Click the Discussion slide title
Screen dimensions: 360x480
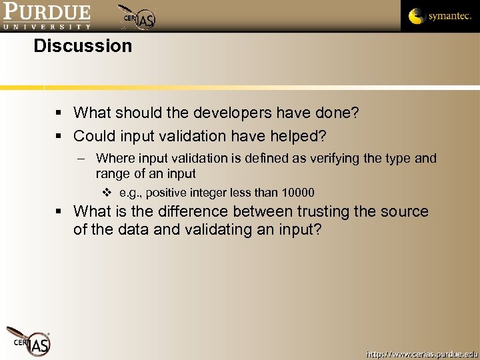pos(83,46)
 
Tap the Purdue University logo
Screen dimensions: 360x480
pos(46,16)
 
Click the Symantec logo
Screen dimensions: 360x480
pos(439,16)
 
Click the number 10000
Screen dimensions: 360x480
pos(298,193)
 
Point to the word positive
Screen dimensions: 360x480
pos(167,193)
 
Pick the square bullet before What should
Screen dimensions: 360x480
pos(59,113)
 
